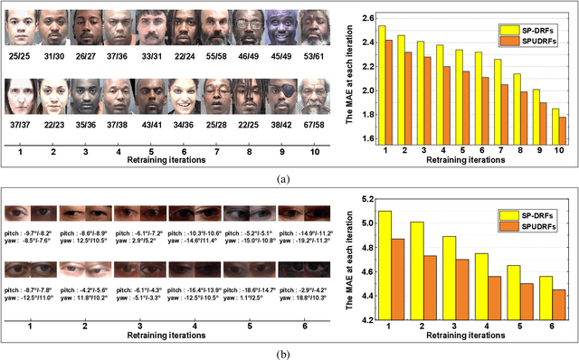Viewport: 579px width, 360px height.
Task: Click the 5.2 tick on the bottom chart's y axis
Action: (366, 198)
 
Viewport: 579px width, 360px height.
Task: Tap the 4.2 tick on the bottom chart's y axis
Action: (366, 319)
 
